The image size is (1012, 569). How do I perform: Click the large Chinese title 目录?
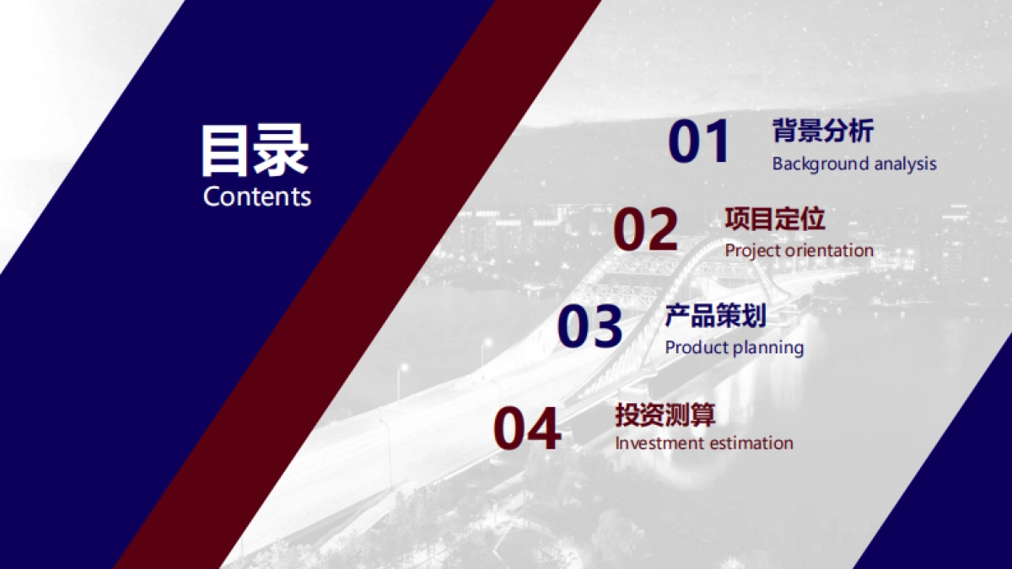[x=255, y=150]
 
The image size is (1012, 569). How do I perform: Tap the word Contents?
[x=257, y=197]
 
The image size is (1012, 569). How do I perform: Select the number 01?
[x=698, y=142]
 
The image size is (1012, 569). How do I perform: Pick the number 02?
[x=646, y=229]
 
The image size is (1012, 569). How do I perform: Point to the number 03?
[x=589, y=325]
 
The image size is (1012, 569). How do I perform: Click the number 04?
[x=527, y=428]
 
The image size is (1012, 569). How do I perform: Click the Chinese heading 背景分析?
[x=823, y=131]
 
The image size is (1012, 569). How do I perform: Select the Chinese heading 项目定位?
[x=775, y=218]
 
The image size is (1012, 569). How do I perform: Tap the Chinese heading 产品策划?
[x=716, y=315]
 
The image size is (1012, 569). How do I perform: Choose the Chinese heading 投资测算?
[x=665, y=415]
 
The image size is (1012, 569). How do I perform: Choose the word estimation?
[x=743, y=443]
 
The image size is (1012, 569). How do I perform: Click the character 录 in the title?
[x=283, y=150]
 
